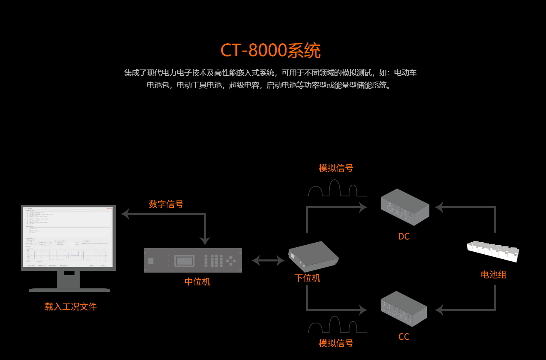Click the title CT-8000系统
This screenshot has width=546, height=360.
(270, 51)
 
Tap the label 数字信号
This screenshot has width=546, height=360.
(166, 204)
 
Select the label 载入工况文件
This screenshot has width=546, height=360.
(71, 307)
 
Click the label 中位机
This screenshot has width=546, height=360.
(197, 282)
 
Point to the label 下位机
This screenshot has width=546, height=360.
(307, 278)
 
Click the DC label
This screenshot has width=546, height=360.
(404, 236)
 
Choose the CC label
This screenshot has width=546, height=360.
(404, 337)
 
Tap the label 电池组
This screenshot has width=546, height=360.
(494, 275)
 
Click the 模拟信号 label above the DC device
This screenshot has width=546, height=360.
(336, 168)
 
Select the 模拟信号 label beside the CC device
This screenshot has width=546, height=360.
(336, 343)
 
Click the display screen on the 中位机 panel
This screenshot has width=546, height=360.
(184, 261)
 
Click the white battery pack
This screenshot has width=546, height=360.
(493, 251)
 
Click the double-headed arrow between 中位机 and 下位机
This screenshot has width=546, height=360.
(268, 261)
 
